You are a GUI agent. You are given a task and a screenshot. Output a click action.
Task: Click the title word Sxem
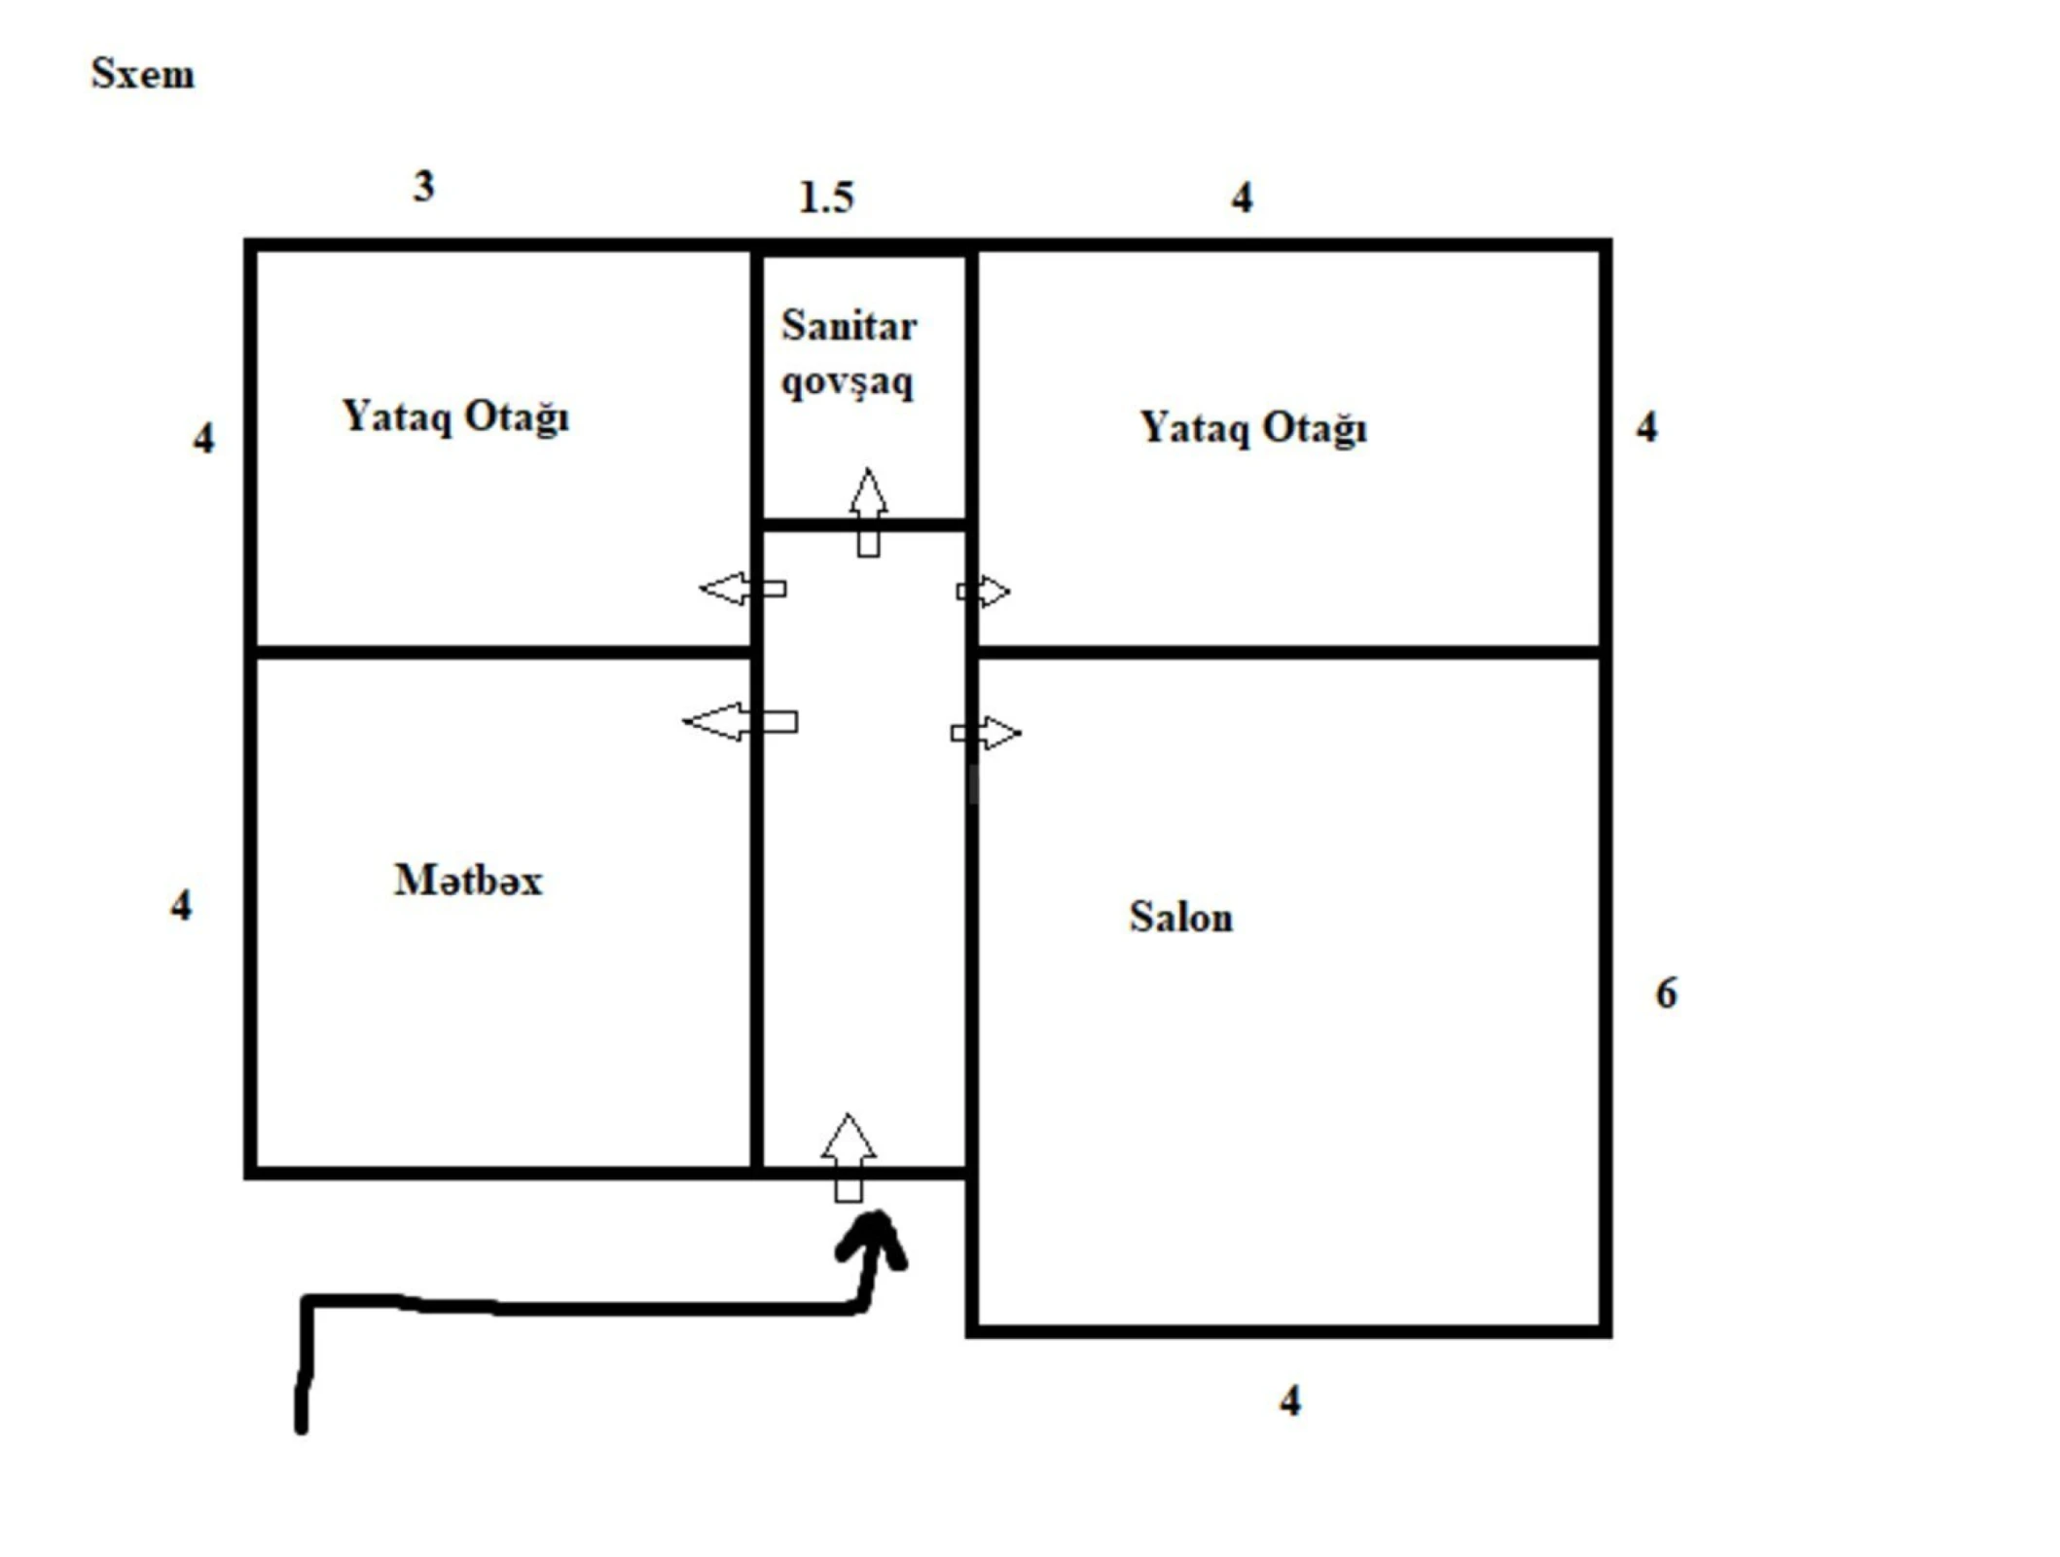click(142, 74)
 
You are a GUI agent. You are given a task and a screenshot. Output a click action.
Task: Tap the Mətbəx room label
click(468, 881)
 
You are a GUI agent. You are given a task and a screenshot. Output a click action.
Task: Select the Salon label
click(1180, 917)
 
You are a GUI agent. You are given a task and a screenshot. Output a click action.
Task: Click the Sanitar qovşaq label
click(849, 353)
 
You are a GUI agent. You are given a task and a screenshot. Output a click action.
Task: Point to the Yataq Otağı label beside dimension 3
click(455, 416)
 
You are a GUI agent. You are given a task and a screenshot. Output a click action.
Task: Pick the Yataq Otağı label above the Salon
click(1253, 428)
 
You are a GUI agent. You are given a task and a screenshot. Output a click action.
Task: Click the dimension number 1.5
click(826, 198)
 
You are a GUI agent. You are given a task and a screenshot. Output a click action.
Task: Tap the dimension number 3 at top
click(423, 186)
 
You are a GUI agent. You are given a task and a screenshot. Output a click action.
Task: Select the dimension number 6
click(1666, 994)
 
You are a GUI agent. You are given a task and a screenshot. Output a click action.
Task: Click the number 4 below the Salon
click(1289, 1401)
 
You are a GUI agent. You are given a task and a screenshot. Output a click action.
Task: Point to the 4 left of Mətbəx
click(181, 906)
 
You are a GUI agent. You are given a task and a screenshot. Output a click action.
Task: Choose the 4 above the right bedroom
click(1242, 198)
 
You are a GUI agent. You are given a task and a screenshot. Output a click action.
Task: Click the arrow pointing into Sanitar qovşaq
click(868, 512)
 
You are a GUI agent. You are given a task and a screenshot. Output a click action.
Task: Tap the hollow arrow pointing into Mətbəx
click(740, 722)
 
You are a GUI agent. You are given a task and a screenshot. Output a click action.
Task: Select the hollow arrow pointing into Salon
click(987, 733)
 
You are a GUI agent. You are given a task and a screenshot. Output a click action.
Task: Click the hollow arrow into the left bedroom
click(742, 589)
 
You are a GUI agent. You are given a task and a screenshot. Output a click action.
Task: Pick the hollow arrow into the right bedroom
click(984, 591)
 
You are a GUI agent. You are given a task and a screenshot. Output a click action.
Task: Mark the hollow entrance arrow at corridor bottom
click(849, 1157)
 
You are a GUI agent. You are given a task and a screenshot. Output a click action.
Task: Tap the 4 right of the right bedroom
click(1646, 427)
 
